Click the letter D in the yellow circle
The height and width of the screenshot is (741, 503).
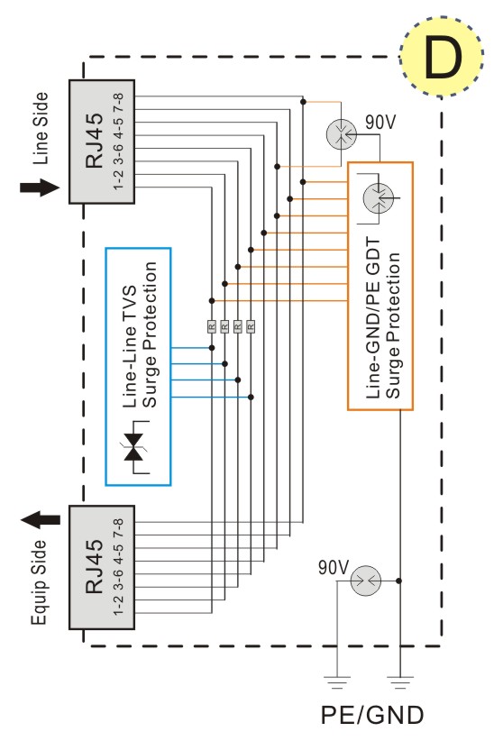pyautogui.click(x=443, y=57)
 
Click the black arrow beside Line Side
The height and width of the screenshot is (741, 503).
pyautogui.click(x=40, y=188)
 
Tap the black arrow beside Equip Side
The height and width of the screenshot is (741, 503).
pyautogui.click(x=41, y=520)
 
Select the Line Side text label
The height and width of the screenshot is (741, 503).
pyautogui.click(x=41, y=129)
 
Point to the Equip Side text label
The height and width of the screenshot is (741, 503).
pyautogui.click(x=40, y=582)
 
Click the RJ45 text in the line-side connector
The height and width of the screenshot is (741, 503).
pyautogui.click(x=94, y=141)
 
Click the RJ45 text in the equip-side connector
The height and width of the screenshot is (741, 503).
pyautogui.click(x=94, y=566)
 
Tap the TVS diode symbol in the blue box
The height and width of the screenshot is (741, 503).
pyautogui.click(x=136, y=447)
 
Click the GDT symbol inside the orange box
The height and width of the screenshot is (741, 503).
pyautogui.click(x=379, y=197)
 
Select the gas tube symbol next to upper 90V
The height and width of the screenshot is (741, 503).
pyautogui.click(x=341, y=134)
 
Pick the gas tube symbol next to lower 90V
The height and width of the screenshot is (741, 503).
pyautogui.click(x=366, y=581)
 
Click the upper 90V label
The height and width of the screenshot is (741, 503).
pyautogui.click(x=380, y=122)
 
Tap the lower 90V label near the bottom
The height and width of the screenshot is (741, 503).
pyautogui.click(x=334, y=567)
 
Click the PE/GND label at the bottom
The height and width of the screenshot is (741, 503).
pyautogui.click(x=372, y=715)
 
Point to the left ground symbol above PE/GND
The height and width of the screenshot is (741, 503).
pyautogui.click(x=337, y=683)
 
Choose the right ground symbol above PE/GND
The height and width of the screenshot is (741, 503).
pyautogui.click(x=400, y=683)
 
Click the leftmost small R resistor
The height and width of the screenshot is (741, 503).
pyautogui.click(x=212, y=326)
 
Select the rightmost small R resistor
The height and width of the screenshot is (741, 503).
pyautogui.click(x=251, y=326)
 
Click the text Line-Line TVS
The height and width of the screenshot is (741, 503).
pyautogui.click(x=130, y=346)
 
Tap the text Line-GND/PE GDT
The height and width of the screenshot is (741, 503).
pyautogui.click(x=373, y=318)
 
